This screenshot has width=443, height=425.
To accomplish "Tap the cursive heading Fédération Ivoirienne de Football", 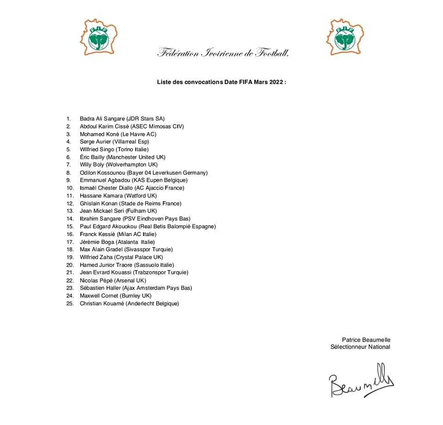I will (x=223, y=53).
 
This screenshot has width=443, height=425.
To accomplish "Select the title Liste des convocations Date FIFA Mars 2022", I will (x=221, y=82).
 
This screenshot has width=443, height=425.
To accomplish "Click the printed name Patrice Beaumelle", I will (x=366, y=339).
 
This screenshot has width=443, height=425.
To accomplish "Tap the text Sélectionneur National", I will (x=360, y=347).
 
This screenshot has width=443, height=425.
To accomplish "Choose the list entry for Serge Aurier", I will (x=114, y=142).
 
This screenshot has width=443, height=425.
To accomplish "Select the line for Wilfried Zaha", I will (x=121, y=257).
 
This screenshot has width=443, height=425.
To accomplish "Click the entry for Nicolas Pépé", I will (x=113, y=280).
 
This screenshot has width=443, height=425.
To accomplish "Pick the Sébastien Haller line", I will (x=136, y=288).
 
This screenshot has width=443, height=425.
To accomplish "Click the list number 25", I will (x=70, y=303).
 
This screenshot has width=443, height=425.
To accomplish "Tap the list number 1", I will (x=68, y=118).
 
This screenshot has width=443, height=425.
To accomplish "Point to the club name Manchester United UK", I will (x=138, y=157).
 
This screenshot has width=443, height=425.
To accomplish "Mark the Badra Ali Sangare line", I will (x=122, y=118).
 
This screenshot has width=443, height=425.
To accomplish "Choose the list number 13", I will (x=70, y=211).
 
